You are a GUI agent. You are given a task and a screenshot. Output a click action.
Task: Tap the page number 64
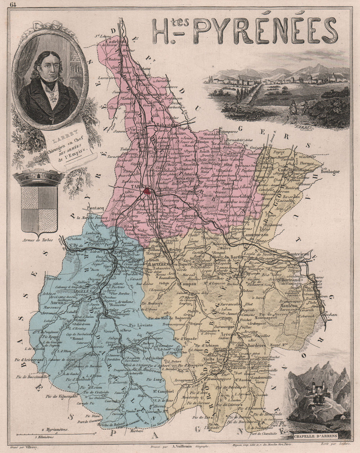pyautogui.click(x=13, y=5)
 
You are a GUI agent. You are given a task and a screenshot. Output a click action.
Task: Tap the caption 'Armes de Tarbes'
pyautogui.click(x=37, y=240)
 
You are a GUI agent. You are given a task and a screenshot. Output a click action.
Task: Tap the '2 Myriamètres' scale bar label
pyautogui.click(x=57, y=430)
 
